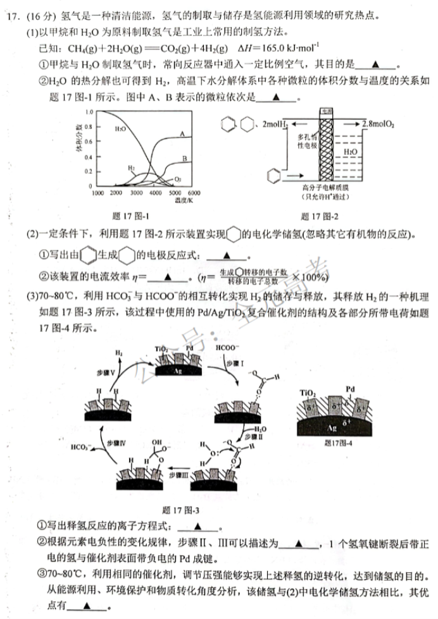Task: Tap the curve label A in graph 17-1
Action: point(182,134)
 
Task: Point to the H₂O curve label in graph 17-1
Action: point(121,128)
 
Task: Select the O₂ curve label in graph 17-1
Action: point(178,179)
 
